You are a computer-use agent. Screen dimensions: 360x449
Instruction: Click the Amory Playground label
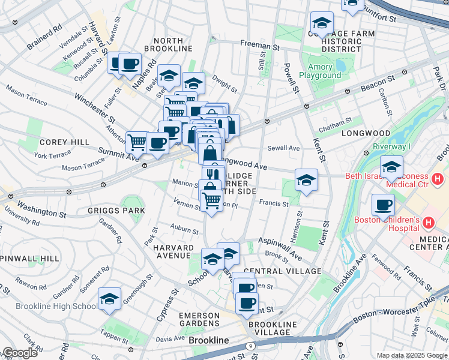click(324, 71)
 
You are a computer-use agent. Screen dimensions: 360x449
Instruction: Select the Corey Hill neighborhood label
click(56, 142)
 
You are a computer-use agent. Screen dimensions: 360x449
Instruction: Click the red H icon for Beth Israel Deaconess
click(437, 179)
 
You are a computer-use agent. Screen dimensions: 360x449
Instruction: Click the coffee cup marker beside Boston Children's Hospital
click(383, 206)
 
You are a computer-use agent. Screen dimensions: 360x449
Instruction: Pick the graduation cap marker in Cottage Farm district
click(322, 23)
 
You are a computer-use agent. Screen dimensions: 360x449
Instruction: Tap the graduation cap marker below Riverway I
click(391, 166)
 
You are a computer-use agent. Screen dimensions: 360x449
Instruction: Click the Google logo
click(20, 353)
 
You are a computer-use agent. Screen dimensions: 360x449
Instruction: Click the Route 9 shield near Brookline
click(250, 346)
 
